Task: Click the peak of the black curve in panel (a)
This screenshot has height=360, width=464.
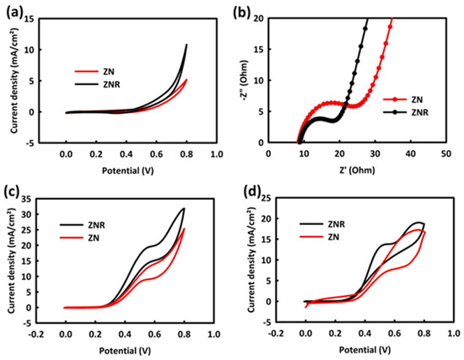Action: pos(186,44)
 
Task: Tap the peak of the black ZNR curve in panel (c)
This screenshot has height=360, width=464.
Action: pos(183,208)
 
